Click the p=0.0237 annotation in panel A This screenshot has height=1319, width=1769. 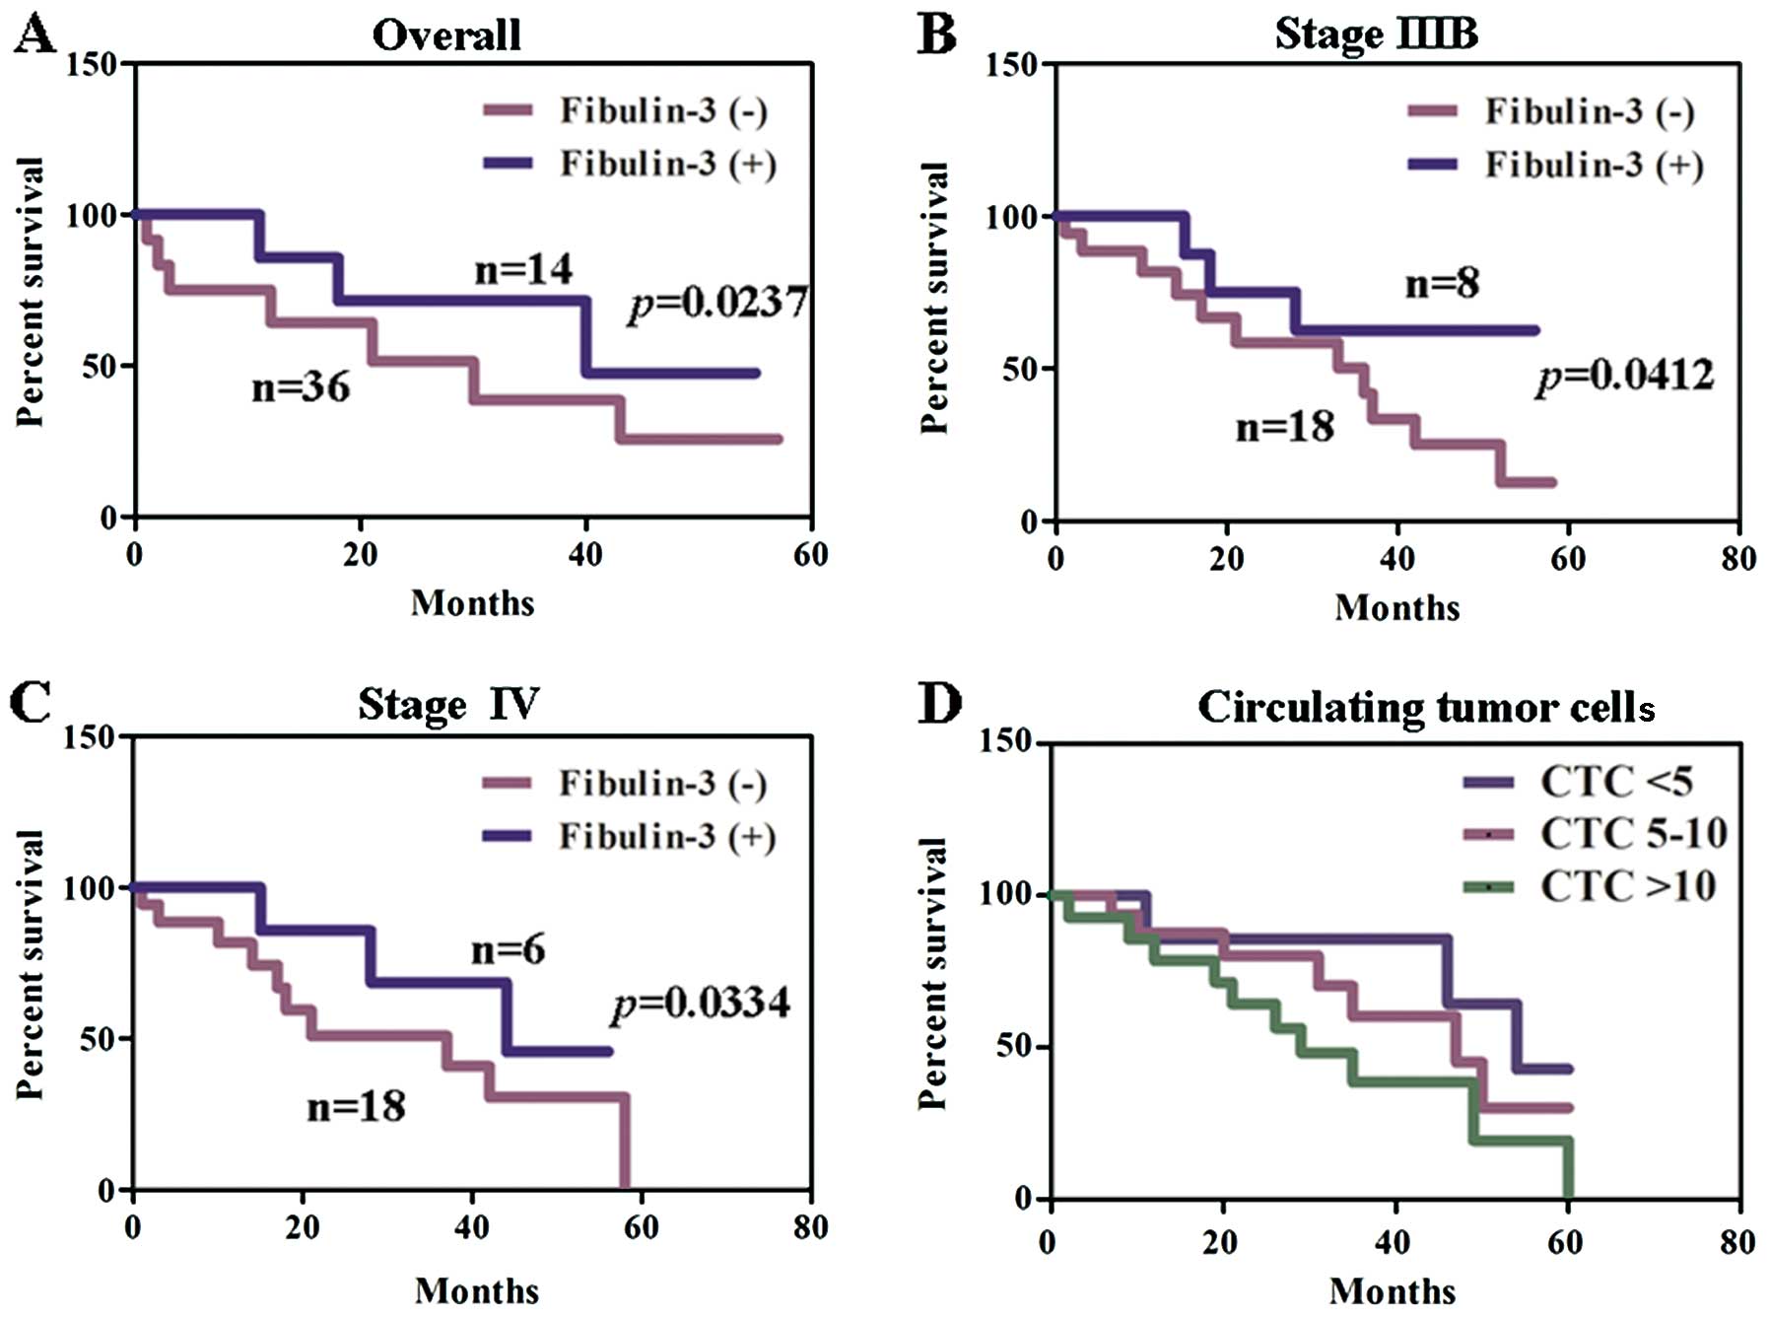tap(717, 303)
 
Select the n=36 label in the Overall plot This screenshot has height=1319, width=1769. tap(301, 387)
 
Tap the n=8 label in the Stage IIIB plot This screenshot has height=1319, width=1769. tap(1441, 284)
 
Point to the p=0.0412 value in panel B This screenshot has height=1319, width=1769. tap(1624, 377)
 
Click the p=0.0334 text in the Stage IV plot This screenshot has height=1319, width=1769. tap(701, 1004)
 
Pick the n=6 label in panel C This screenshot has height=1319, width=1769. tap(508, 950)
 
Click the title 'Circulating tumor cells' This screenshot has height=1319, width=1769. tap(1425, 707)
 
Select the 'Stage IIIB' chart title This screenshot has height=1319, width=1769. tap(1376, 35)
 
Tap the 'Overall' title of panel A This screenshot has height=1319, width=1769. tap(446, 35)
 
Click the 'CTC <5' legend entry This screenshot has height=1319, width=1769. tap(1615, 782)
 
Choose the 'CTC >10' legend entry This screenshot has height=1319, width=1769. tap(1627, 886)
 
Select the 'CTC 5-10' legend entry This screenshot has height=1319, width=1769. tap(1633, 834)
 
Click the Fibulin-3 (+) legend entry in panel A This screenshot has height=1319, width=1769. tap(667, 164)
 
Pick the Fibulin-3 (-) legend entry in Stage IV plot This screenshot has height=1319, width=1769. tap(662, 784)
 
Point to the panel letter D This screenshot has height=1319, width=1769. tap(938, 704)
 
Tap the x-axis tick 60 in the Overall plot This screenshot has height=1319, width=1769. tap(810, 555)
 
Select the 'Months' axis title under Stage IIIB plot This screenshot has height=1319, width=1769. tap(1396, 607)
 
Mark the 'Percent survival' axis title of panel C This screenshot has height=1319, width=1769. tap(31, 963)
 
